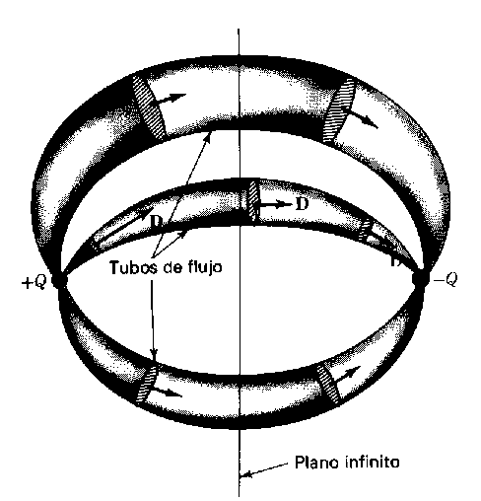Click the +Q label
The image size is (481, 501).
click(x=34, y=282)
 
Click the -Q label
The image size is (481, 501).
click(x=446, y=280)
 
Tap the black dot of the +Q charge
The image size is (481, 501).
click(x=60, y=280)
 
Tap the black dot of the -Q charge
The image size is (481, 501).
click(x=419, y=278)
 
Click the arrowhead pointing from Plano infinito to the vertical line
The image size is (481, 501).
click(x=245, y=474)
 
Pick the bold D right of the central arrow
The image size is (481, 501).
click(x=302, y=204)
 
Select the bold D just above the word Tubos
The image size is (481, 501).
click(x=157, y=222)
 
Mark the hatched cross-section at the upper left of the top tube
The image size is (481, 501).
click(x=148, y=107)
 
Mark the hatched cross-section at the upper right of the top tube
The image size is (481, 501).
click(x=339, y=110)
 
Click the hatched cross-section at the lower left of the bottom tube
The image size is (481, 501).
click(x=147, y=384)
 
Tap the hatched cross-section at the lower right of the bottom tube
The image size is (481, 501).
click(x=328, y=384)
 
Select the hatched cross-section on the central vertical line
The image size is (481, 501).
click(x=252, y=201)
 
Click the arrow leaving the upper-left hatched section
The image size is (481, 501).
click(x=171, y=100)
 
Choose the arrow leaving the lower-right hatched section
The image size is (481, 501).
click(x=347, y=375)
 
